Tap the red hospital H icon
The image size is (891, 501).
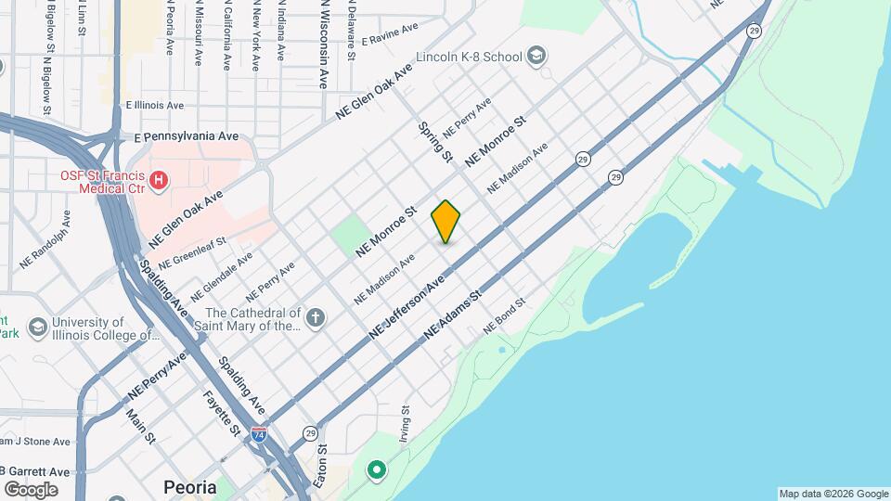[x=160, y=179]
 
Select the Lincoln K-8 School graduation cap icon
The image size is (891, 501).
[x=536, y=57]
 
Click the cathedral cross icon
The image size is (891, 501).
[x=316, y=319]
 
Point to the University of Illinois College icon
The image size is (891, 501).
[x=38, y=328]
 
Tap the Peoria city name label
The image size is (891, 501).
[x=190, y=487]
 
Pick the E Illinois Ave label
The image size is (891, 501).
[x=155, y=106]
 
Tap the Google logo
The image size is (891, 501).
[x=31, y=489]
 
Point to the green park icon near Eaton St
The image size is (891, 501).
[x=377, y=470]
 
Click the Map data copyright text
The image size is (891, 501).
[x=833, y=494]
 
